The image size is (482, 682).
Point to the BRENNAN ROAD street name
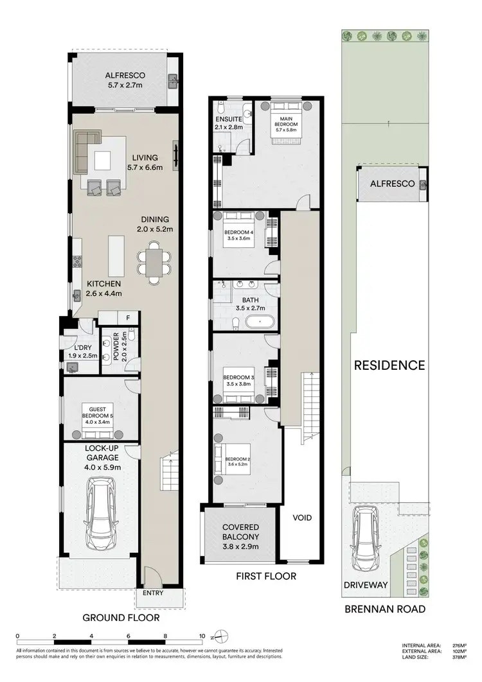(x=385, y=609)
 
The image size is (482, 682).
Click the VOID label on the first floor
(x=302, y=517)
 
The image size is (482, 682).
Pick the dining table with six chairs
(x=154, y=263)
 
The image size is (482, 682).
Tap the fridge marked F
(x=129, y=318)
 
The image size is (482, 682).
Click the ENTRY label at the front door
(x=154, y=593)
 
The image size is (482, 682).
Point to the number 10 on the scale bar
(x=202, y=636)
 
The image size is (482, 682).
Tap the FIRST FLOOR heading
(x=265, y=576)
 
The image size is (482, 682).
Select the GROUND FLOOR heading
(x=121, y=618)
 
